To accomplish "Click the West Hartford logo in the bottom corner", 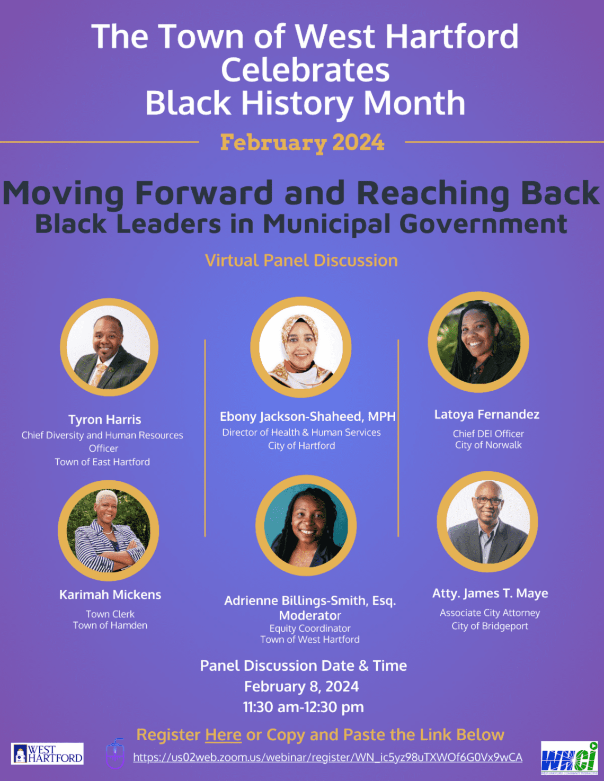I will [x=47, y=753].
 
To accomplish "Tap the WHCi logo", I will [x=569, y=758].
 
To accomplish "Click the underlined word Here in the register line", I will [x=223, y=735].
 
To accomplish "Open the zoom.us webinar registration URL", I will [x=327, y=758].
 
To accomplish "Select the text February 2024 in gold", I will [x=302, y=142].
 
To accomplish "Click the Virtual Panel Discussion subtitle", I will [x=301, y=261].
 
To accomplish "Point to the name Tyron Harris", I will [x=105, y=419].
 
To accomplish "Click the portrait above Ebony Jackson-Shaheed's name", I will [x=301, y=347].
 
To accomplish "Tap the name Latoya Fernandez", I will [x=487, y=415].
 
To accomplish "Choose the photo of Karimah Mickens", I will [x=109, y=531].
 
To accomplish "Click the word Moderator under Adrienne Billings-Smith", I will [x=310, y=615].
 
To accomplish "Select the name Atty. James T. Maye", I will [x=490, y=594].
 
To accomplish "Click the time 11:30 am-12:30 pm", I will [x=303, y=707].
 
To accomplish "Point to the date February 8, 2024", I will [x=301, y=686].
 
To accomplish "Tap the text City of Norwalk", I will [x=488, y=445].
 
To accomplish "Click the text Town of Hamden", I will [x=110, y=625].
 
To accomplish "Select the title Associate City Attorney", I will [x=490, y=613].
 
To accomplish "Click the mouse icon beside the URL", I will [x=115, y=754].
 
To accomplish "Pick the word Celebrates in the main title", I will [x=305, y=70].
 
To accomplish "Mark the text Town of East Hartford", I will [x=102, y=462].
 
